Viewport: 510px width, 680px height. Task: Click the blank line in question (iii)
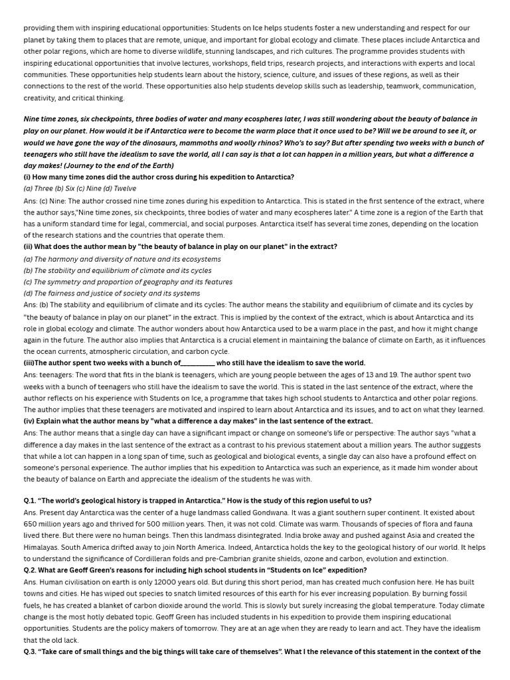pos(197,363)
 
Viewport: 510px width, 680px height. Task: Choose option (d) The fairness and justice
pos(112,293)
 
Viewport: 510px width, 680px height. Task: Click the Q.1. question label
pos(31,501)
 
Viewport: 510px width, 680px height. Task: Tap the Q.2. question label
pos(31,570)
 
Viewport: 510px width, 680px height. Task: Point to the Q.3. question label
pos(31,652)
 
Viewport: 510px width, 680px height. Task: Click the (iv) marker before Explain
pos(29,421)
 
